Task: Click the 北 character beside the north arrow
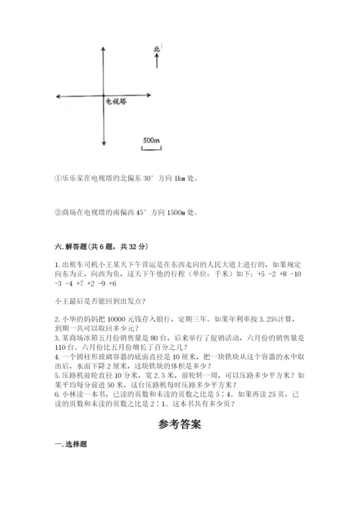tap(156, 50)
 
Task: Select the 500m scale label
tap(150, 139)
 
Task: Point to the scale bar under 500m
tap(150, 148)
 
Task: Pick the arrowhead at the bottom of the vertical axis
tap(105, 163)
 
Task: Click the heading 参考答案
tap(179, 424)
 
